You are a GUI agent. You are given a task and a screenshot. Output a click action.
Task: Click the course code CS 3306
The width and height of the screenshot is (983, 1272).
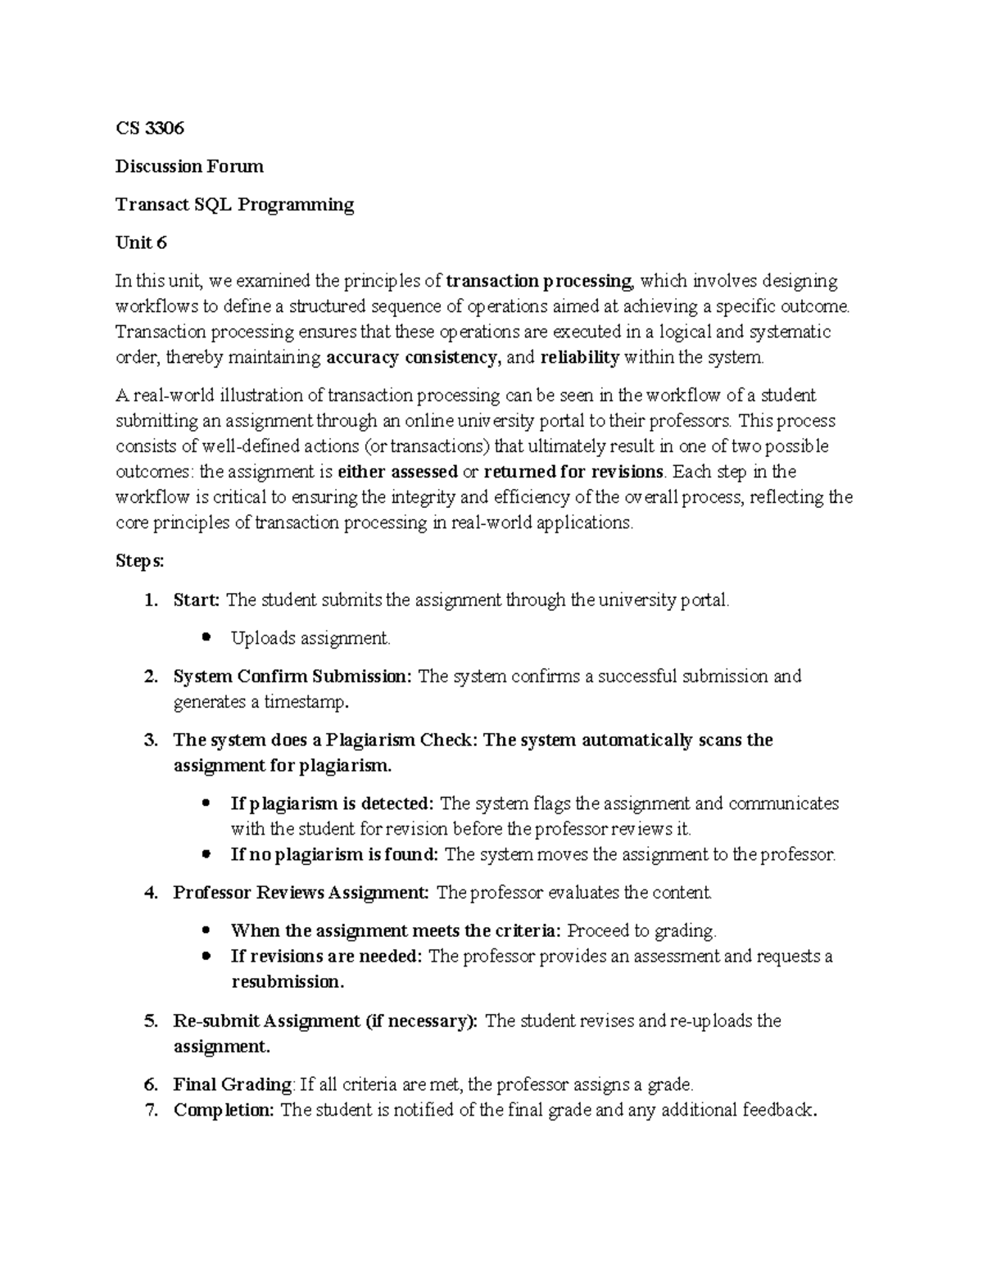(150, 128)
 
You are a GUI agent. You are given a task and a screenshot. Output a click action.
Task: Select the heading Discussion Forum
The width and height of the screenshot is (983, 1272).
(189, 166)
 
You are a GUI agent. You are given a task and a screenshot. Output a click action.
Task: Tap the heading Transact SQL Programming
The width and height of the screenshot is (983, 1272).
(234, 205)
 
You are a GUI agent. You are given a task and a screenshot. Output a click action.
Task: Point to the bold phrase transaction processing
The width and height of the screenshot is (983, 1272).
(539, 281)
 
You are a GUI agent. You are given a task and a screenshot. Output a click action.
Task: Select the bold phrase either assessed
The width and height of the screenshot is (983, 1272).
(397, 472)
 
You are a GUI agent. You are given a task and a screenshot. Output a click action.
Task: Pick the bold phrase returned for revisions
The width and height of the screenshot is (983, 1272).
(573, 472)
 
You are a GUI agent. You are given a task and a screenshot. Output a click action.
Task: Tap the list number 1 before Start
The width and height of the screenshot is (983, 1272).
(150, 600)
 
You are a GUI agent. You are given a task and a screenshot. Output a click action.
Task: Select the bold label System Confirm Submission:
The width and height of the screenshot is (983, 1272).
(292, 677)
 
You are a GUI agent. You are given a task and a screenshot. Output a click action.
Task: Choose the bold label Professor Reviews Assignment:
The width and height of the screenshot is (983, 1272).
(301, 893)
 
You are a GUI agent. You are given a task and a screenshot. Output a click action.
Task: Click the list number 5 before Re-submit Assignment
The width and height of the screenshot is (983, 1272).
(150, 1021)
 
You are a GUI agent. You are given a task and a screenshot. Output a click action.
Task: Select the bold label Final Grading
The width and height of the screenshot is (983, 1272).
(232, 1084)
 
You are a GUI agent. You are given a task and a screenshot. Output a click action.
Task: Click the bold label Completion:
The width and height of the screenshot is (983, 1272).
(224, 1110)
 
